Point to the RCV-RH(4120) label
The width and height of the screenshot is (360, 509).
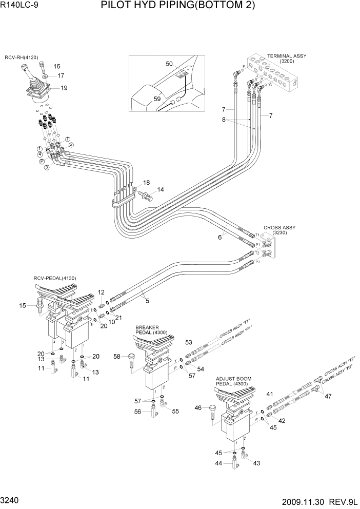coord(22,57)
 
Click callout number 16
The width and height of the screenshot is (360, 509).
coord(56,66)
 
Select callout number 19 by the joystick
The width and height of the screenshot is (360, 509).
coord(64,88)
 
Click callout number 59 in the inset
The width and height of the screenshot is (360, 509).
coord(157,99)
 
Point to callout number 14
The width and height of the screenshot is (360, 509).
coord(161,190)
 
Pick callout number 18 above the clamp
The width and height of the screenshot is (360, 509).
coord(146,183)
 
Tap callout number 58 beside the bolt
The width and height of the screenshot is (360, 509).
coord(117,356)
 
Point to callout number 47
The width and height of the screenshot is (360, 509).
coord(328,396)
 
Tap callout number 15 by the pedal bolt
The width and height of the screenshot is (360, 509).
coord(23,306)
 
